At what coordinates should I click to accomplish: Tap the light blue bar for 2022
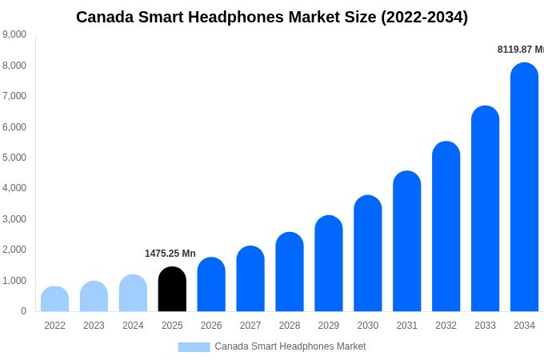coord(54,299)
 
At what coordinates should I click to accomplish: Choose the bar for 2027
coord(250,279)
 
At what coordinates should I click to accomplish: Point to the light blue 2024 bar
coord(133,294)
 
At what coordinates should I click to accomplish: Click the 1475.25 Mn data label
coord(170,254)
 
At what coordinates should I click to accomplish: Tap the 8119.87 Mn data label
coord(520,50)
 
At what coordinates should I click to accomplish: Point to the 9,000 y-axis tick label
coord(14,34)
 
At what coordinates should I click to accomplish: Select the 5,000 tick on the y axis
coord(14,158)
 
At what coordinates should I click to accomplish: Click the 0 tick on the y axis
coord(23,311)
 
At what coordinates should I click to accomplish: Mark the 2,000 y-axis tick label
coord(14,250)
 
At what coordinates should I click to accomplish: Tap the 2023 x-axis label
coord(94,326)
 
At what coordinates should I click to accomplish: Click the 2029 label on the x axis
coord(329,326)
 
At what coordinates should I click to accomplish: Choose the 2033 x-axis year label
coord(485,326)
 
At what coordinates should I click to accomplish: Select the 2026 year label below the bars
coord(211,326)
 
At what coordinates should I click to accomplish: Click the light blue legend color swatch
coord(194,347)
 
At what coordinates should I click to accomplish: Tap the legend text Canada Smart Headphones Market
coord(290,346)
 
